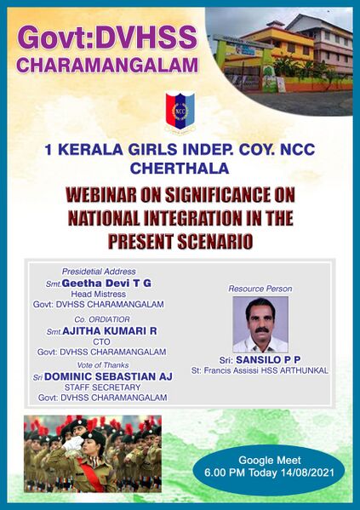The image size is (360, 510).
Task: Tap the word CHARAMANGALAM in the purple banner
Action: [108, 65]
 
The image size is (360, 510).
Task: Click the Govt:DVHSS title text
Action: [107, 37]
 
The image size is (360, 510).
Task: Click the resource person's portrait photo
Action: [260, 324]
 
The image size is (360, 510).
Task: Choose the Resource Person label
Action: [259, 289]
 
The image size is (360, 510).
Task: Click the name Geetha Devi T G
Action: [109, 283]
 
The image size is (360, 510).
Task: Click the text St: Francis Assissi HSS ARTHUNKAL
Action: [260, 371]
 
